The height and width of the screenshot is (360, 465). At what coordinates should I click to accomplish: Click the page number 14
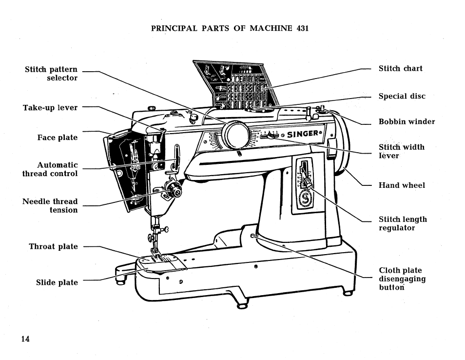coord(25,339)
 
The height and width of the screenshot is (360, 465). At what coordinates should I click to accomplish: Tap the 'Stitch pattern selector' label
coord(51,74)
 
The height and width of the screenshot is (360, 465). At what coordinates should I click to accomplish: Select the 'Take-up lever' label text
coord(50,107)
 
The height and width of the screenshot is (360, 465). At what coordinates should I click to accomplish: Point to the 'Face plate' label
coord(58,138)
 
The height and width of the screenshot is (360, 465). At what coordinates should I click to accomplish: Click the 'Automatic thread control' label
coord(50,169)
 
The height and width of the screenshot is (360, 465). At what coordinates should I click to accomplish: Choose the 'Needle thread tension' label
coord(50,205)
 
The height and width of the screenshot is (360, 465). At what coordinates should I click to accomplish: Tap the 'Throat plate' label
coord(53,246)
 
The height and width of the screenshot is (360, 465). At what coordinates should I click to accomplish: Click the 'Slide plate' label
coord(57,282)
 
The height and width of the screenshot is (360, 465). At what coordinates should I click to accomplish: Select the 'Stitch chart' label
coord(401,68)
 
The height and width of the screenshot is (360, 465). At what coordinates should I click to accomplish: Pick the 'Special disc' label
coord(402,96)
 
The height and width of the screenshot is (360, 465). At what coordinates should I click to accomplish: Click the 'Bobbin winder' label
coord(407,121)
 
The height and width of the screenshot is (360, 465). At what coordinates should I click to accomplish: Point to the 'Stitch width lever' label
coord(402,151)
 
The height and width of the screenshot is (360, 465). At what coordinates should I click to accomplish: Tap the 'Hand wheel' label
coord(402,185)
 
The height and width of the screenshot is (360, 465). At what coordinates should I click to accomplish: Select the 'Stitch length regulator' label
coord(403,223)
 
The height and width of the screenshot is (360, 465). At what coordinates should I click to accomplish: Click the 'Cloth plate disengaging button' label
coord(402,279)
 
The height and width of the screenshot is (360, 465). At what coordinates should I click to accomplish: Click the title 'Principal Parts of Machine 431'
coord(230,28)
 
